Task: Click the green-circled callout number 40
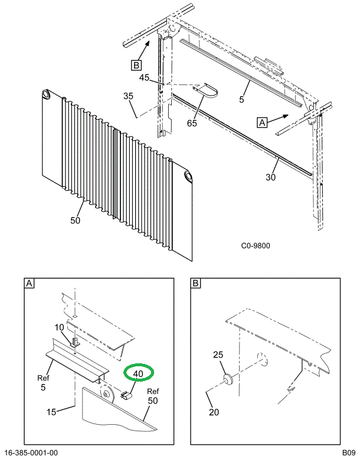138,373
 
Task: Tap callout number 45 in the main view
144,78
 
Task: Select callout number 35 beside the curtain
129,96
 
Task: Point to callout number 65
192,123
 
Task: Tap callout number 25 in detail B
218,355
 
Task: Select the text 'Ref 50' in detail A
153,396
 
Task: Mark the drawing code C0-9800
255,246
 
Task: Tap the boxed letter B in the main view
136,64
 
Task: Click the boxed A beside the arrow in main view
261,122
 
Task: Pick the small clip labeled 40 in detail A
125,395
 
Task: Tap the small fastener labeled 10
75,341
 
